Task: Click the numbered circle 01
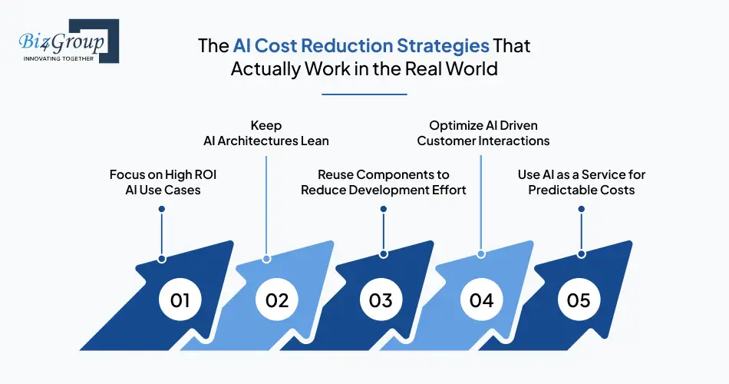click(180, 300)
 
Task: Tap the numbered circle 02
click(277, 300)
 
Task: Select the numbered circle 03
click(381, 300)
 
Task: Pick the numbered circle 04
click(481, 300)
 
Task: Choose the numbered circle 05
click(579, 300)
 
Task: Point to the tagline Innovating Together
click(59, 58)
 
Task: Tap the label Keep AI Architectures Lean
click(266, 132)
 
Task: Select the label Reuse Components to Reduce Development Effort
click(384, 182)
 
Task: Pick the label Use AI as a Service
click(582, 182)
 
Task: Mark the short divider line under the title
click(364, 94)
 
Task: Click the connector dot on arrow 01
click(162, 258)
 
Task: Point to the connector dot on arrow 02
click(266, 258)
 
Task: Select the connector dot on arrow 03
click(382, 253)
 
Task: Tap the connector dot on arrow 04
click(481, 253)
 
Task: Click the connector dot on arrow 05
click(582, 253)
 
